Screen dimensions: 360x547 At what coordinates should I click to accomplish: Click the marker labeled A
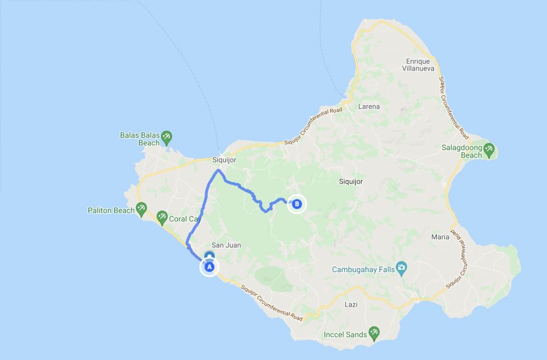point(209,266)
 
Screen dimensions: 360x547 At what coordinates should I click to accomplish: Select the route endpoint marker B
point(297,204)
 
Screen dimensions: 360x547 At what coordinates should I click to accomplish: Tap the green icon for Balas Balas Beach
point(167,137)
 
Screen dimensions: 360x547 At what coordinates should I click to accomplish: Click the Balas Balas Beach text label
point(140,139)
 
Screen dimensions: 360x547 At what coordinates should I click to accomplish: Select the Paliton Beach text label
point(111,210)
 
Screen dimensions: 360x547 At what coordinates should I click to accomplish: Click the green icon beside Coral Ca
point(162,217)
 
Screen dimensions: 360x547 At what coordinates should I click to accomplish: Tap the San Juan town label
point(226,245)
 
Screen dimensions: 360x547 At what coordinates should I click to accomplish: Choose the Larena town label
point(369,106)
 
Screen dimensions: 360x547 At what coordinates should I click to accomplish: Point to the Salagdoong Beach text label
point(462,151)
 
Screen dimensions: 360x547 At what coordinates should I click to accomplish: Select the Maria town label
point(440,237)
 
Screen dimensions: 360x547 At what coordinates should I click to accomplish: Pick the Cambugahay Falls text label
point(363,269)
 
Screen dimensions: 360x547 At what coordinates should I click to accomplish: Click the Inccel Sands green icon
point(374,334)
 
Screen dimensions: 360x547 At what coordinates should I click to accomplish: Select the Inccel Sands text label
point(346,335)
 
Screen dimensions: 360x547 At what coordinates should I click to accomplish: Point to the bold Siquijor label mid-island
point(351,182)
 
